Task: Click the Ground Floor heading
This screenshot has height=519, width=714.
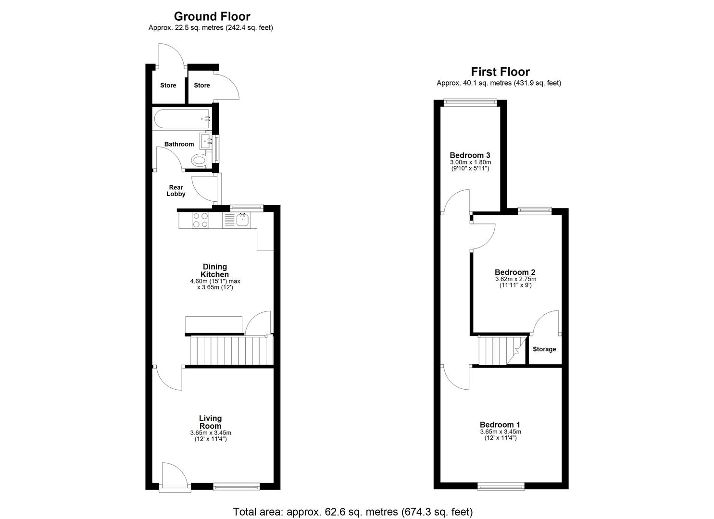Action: [x=212, y=17]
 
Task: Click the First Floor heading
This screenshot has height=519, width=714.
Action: [x=500, y=72]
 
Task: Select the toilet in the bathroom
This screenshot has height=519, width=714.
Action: [x=198, y=160]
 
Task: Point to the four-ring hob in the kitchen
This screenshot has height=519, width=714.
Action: [x=200, y=220]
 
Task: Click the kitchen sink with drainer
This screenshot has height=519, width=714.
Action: [x=236, y=220]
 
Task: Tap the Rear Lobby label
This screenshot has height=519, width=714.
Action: [x=176, y=191]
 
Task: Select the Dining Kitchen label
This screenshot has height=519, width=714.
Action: [x=214, y=271]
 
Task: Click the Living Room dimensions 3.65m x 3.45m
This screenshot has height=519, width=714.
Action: [x=211, y=432]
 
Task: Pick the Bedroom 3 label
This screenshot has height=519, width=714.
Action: [x=470, y=155]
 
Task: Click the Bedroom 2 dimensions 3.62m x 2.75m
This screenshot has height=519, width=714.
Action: [x=515, y=279]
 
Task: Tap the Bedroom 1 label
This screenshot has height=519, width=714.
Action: [x=500, y=425]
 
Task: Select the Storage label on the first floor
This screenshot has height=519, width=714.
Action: [x=544, y=349]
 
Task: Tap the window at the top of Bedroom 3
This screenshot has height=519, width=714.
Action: [x=470, y=101]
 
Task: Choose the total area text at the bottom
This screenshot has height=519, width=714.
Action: [x=353, y=512]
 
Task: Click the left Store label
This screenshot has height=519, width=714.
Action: [x=168, y=86]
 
